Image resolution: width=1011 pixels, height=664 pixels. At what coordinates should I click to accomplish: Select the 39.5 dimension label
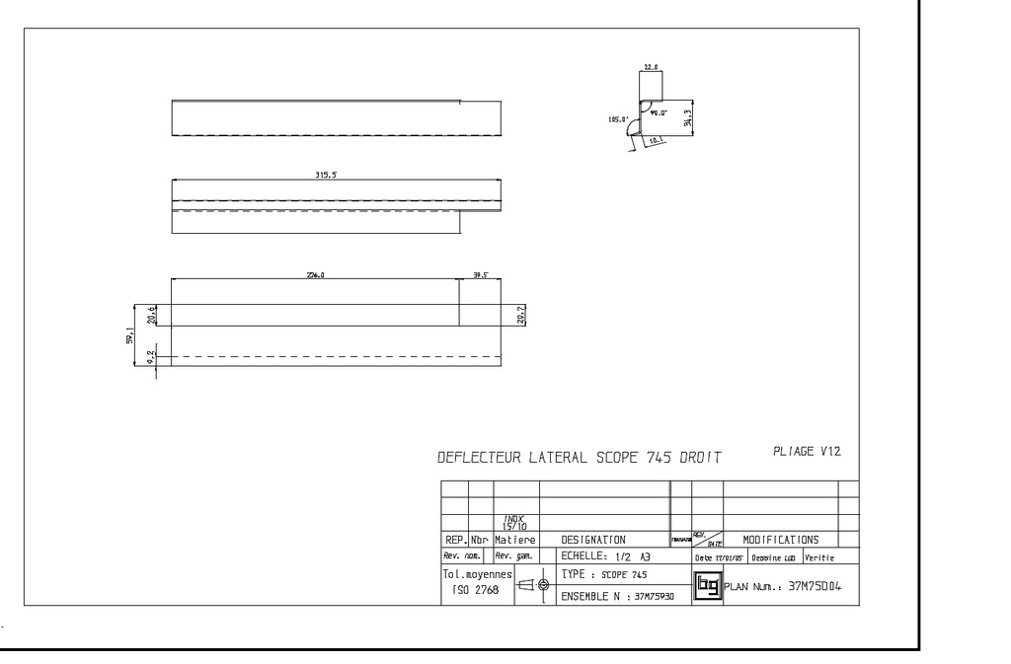click(x=480, y=275)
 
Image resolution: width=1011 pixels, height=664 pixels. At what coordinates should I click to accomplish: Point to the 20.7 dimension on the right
click(x=522, y=314)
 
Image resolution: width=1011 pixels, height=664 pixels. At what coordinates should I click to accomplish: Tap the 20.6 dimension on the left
click(x=151, y=314)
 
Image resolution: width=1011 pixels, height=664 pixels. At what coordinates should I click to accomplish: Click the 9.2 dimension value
click(x=151, y=355)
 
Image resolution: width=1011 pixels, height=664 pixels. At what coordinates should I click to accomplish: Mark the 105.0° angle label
click(x=619, y=119)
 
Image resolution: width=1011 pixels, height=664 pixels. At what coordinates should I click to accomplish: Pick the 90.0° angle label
click(x=659, y=112)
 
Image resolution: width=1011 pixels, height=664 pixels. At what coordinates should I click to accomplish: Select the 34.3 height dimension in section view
click(x=700, y=116)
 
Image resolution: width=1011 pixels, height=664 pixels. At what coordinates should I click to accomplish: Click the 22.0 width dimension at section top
click(x=651, y=67)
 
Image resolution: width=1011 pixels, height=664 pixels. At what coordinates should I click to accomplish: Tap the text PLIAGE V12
click(x=807, y=451)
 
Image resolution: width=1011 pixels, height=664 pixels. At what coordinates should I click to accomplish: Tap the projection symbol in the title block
click(x=533, y=585)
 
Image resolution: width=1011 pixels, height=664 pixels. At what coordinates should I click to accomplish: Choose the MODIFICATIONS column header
click(x=780, y=540)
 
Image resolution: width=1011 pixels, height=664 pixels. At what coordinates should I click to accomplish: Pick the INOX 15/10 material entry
click(x=514, y=522)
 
